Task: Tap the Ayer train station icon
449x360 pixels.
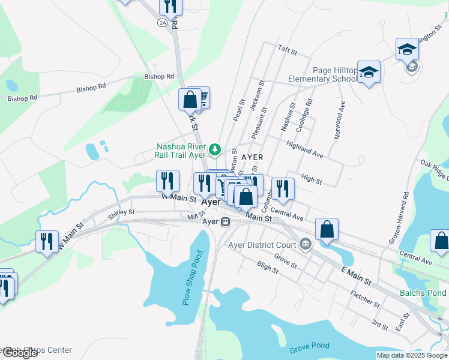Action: click(226, 221)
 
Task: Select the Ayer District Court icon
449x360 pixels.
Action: click(306, 244)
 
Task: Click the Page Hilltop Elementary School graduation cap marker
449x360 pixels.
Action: click(369, 73)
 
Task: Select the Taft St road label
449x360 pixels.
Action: click(287, 52)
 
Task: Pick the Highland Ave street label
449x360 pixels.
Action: click(305, 150)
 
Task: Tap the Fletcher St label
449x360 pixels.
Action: click(364, 299)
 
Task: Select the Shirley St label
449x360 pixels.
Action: click(121, 212)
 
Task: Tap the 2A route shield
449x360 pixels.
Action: click(162, 22)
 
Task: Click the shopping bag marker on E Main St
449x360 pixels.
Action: click(327, 230)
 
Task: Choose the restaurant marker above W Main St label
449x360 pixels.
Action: click(167, 181)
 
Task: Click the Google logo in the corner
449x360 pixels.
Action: click(20, 353)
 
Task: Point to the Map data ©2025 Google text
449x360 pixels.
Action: click(411, 355)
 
